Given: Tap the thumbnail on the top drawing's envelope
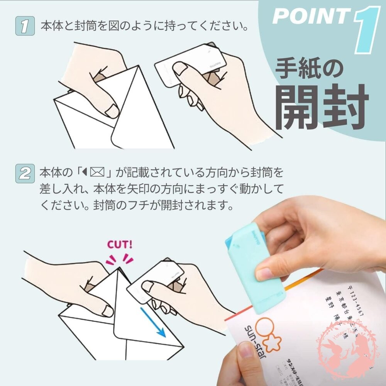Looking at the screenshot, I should (112, 111).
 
